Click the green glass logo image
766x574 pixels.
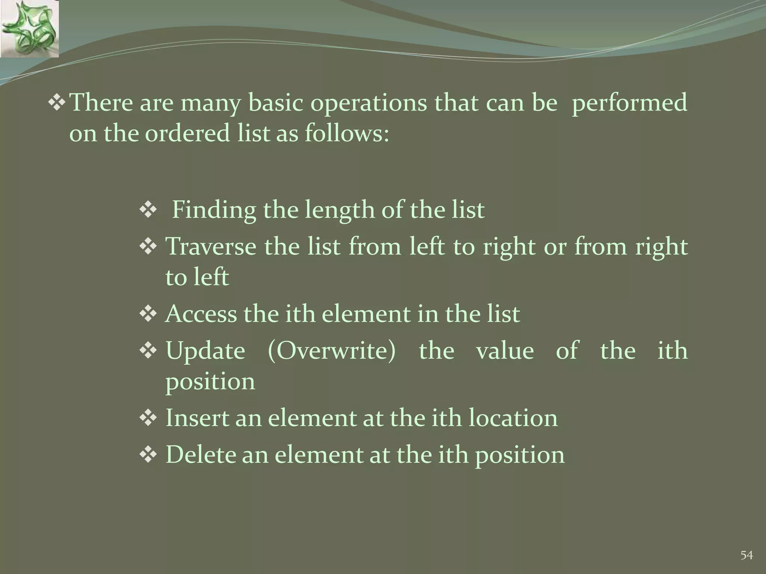coord(29,29)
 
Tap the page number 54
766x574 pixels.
coord(747,555)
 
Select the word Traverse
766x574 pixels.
coord(211,247)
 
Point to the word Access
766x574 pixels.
coord(201,314)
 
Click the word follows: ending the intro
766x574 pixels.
coord(347,133)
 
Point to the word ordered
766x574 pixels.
coord(187,133)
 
